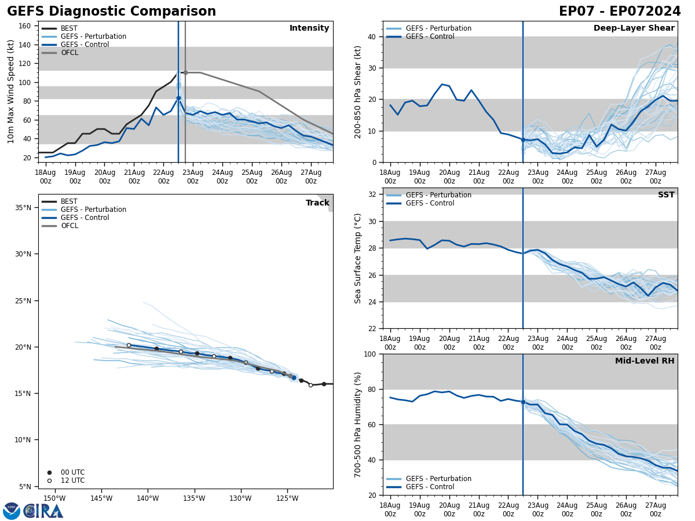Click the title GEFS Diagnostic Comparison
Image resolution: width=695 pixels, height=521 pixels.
pyautogui.click(x=111, y=12)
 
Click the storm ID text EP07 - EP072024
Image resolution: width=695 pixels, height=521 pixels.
pyautogui.click(x=620, y=12)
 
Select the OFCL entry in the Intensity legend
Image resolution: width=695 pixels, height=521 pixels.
pyautogui.click(x=69, y=53)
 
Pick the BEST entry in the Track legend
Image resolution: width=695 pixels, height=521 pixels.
pyautogui.click(x=69, y=201)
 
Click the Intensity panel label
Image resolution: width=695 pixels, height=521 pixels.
pyautogui.click(x=309, y=28)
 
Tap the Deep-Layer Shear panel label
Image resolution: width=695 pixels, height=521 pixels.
pyautogui.click(x=634, y=28)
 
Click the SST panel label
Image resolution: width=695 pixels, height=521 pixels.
pyautogui.click(x=666, y=195)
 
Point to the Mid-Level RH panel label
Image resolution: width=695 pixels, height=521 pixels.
pyautogui.click(x=645, y=361)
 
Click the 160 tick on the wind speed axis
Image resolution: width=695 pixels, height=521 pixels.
pyautogui.click(x=25, y=26)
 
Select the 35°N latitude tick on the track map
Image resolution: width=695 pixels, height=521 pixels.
pyautogui.click(x=21, y=207)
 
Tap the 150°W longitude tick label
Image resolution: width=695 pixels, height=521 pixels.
pyautogui.click(x=54, y=498)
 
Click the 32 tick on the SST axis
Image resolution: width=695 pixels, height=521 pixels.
pyautogui.click(x=373, y=195)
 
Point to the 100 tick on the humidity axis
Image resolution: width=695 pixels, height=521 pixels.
pyautogui.click(x=370, y=354)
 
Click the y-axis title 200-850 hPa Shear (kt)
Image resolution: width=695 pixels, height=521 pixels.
pyautogui.click(x=358, y=91)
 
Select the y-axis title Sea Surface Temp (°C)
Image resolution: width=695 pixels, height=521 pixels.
pyautogui.click(x=358, y=258)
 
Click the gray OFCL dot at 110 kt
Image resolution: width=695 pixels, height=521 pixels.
pyautogui.click(x=185, y=72)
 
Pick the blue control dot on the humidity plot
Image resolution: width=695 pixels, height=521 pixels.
pyautogui.click(x=523, y=402)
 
